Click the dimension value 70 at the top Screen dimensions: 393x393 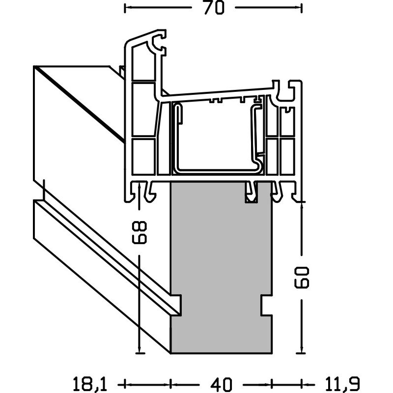click(213, 8)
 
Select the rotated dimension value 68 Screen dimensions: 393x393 click(139, 232)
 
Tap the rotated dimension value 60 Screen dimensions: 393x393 click(302, 278)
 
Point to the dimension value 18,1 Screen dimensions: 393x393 click(90, 384)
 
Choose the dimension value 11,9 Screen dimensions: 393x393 click(342, 384)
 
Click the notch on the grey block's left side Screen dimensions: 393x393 click(176, 305)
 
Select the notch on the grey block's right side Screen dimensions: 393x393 click(266, 305)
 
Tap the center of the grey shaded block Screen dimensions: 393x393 click(222, 268)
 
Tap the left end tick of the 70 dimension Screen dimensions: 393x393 click(125, 8)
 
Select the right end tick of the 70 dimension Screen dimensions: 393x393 click(302, 8)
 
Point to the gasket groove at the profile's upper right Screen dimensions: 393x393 click(288, 90)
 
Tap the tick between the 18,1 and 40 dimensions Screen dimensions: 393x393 click(170, 384)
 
